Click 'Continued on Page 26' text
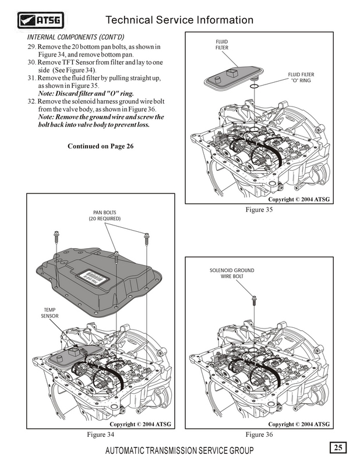(101, 146)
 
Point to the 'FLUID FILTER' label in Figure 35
(222, 45)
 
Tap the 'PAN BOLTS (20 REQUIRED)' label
(105, 216)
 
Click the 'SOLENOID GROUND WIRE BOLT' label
(231, 273)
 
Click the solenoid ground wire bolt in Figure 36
(254, 302)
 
